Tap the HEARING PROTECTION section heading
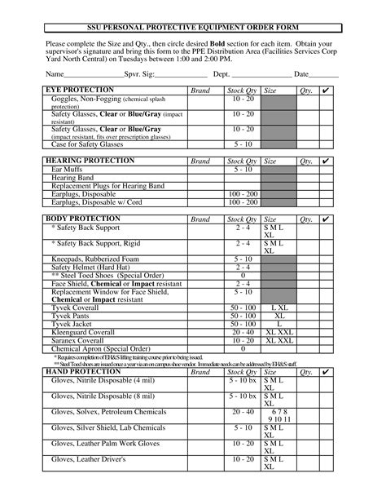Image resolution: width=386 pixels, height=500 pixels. pos(89,162)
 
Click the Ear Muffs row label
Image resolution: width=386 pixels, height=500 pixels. pos(68,170)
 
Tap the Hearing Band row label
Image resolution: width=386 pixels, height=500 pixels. pos(75,179)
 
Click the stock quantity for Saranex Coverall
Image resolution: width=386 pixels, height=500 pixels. pos(243,339)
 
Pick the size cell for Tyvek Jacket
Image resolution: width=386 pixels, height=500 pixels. pos(279,323)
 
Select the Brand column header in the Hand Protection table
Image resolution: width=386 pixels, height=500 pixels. pos(200,372)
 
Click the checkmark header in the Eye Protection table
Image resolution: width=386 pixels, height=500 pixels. pos(326,90)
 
